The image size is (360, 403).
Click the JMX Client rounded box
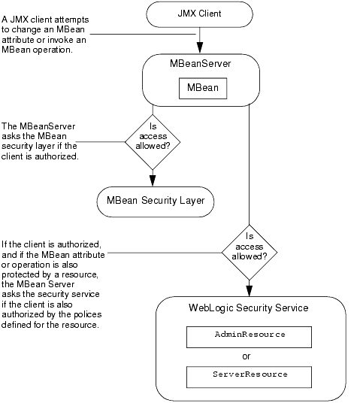coord(200,14)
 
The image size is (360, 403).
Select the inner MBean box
coord(201,89)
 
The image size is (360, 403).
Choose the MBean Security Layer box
coord(155,201)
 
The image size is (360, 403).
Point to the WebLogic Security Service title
coord(248,308)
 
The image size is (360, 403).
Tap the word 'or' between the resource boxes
coord(249,355)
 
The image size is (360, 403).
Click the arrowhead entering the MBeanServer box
coord(201,48)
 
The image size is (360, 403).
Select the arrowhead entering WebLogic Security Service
coord(250,289)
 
